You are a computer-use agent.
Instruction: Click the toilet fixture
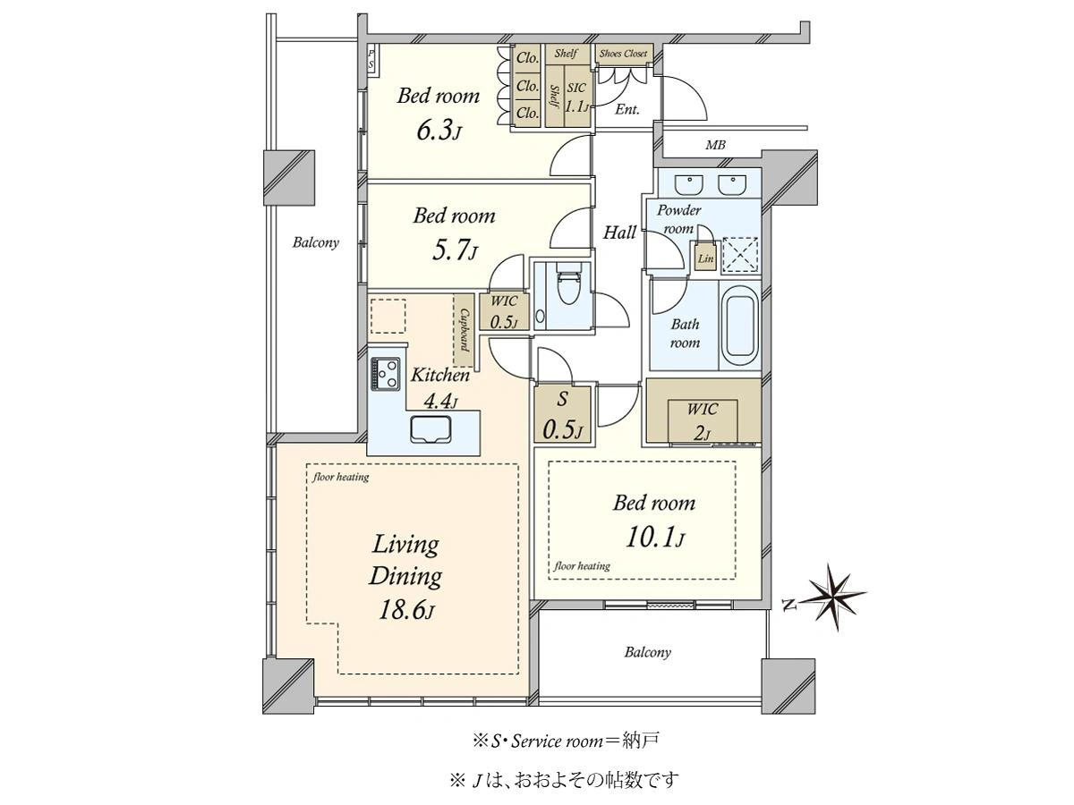(568, 286)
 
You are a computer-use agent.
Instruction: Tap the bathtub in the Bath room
(739, 325)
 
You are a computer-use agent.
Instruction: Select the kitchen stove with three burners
(385, 374)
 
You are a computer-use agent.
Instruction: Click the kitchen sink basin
(430, 428)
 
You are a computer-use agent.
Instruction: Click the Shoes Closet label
(623, 54)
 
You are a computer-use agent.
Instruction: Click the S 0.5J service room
(562, 414)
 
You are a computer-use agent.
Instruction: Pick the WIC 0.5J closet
(504, 311)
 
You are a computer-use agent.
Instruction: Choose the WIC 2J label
(703, 420)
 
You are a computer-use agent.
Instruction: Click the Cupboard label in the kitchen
(464, 330)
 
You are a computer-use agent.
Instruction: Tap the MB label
(715, 145)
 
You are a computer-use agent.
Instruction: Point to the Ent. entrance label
(626, 109)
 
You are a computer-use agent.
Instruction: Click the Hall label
(619, 233)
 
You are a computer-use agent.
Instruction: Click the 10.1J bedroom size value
(654, 538)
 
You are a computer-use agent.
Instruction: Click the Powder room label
(678, 219)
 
